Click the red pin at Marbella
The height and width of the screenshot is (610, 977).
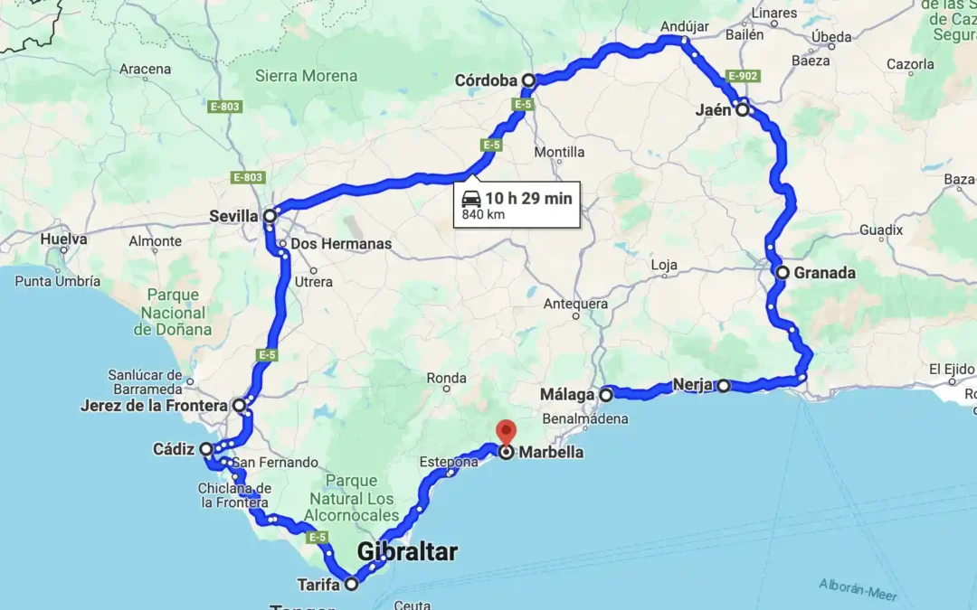[506, 431]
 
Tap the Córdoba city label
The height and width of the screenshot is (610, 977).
[485, 81]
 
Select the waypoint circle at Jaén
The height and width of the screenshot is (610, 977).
[743, 110]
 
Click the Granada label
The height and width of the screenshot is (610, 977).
[824, 273]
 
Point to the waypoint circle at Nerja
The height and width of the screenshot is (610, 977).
[724, 386]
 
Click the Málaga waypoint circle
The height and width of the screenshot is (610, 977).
[605, 394]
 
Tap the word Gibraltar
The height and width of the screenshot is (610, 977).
[407, 551]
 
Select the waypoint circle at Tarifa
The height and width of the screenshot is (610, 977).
[351, 584]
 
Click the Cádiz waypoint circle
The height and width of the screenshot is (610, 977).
[206, 449]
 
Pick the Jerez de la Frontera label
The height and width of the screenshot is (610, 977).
[153, 406]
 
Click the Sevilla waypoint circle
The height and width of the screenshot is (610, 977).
[270, 216]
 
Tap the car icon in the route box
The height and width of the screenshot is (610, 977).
[471, 199]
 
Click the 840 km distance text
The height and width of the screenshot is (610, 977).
[483, 215]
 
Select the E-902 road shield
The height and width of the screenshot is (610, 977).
[742, 76]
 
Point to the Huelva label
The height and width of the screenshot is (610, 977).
[63, 239]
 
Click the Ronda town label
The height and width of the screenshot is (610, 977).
[446, 378]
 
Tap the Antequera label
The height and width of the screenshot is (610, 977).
[575, 304]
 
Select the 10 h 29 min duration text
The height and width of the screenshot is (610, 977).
[528, 199]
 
